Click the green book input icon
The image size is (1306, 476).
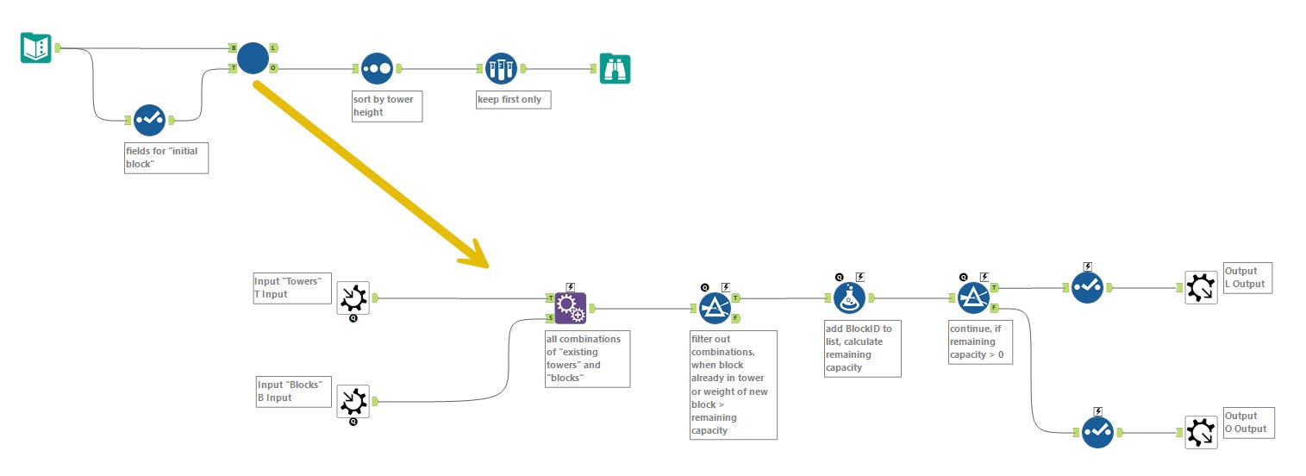tap(35, 47)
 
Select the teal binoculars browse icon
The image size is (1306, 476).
tap(615, 68)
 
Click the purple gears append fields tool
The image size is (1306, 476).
tap(570, 308)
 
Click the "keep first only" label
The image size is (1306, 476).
tap(512, 99)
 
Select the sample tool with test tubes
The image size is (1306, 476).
tap(501, 68)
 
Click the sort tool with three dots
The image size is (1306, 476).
tap(377, 68)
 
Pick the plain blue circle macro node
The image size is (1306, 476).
tap(253, 58)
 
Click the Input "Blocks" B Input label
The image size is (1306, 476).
tap(294, 391)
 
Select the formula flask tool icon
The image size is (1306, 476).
tap(849, 298)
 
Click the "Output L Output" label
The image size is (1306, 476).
tap(1247, 278)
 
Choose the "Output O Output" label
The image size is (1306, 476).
tap(1247, 423)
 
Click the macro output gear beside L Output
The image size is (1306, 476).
tap(1200, 288)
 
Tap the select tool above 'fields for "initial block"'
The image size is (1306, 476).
tap(148, 120)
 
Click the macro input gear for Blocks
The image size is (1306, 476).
tap(353, 401)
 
